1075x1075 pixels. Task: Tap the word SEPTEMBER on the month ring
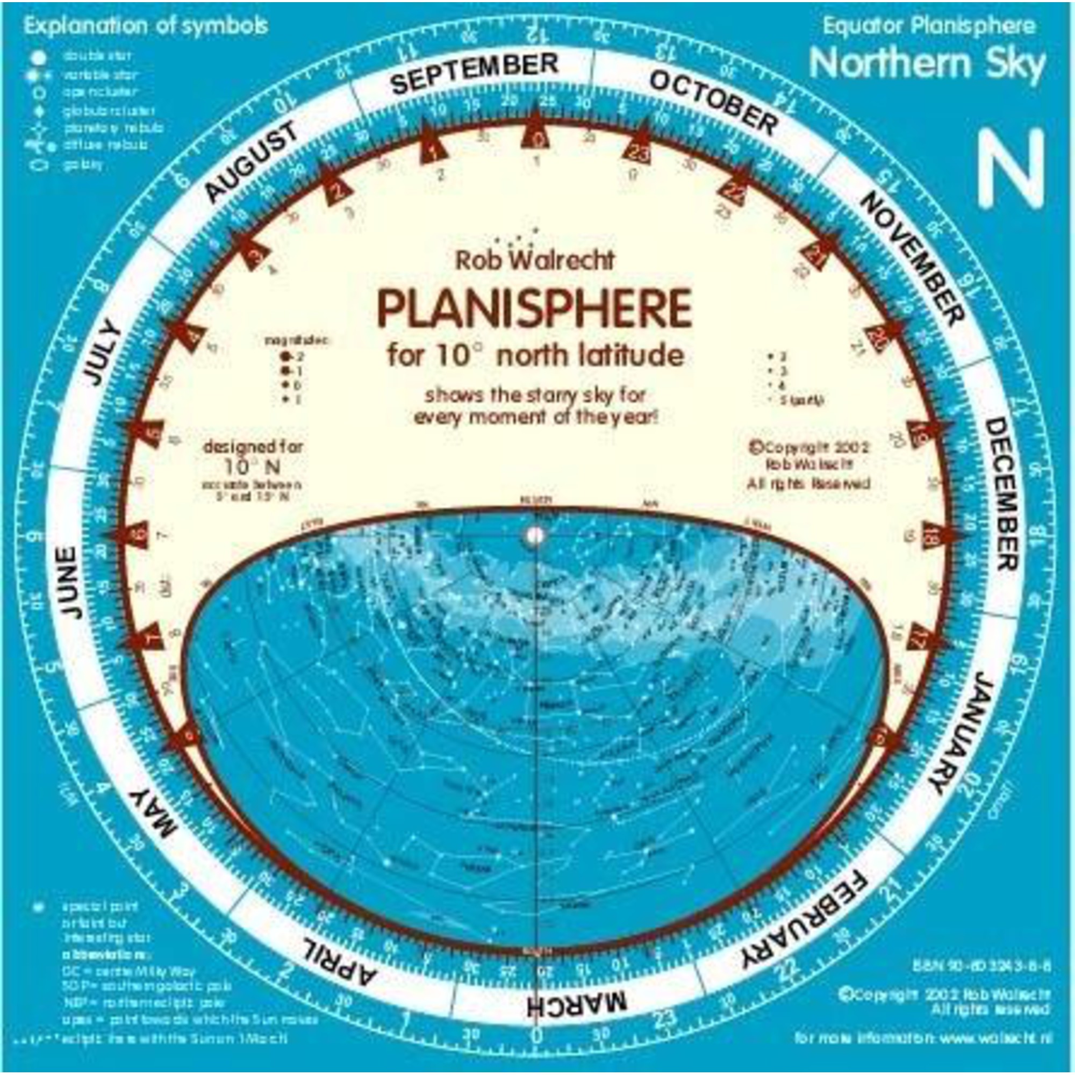click(474, 74)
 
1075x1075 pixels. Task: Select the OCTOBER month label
click(713, 104)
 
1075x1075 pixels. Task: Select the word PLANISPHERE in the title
click(535, 309)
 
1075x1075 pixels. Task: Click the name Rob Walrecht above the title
click(535, 260)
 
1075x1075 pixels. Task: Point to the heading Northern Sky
click(928, 64)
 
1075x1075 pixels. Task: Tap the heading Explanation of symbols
click(146, 26)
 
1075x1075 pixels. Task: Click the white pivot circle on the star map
click(535, 535)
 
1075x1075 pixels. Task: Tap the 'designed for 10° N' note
click(253, 456)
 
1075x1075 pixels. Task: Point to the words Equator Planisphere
click(929, 26)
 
